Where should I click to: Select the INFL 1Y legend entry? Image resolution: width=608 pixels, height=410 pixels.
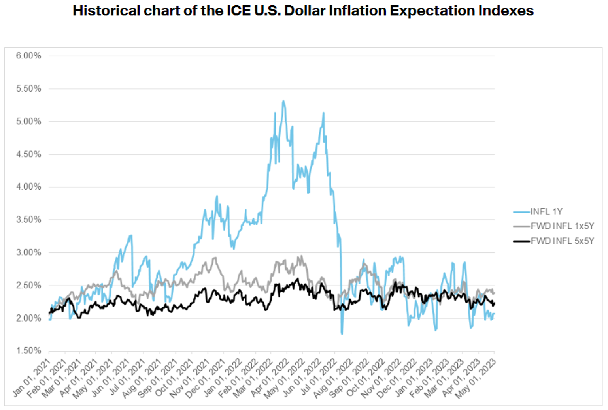point(546,212)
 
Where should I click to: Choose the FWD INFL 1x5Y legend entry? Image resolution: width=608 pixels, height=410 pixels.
point(562,226)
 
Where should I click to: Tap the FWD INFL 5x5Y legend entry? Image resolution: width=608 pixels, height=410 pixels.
point(562,241)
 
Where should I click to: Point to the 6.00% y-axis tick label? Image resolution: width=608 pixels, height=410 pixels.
point(28,56)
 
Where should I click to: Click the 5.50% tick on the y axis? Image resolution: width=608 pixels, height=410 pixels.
point(28,88)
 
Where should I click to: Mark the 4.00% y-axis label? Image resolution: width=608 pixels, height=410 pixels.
point(28,187)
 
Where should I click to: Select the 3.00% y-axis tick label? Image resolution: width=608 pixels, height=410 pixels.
point(28,252)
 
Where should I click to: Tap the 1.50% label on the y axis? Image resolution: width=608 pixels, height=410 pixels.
point(28,351)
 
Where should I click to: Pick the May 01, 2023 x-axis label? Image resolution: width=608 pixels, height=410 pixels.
point(476,378)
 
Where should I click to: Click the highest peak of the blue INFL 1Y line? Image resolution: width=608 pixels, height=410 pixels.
point(283,101)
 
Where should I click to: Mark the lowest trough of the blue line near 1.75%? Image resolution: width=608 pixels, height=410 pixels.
point(342,333)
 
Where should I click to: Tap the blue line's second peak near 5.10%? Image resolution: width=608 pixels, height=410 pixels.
point(323,113)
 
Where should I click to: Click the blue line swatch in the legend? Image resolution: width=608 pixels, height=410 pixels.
point(521,212)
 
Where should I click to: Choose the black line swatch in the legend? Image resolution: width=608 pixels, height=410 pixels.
point(521,241)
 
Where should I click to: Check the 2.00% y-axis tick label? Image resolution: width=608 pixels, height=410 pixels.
point(28,318)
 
